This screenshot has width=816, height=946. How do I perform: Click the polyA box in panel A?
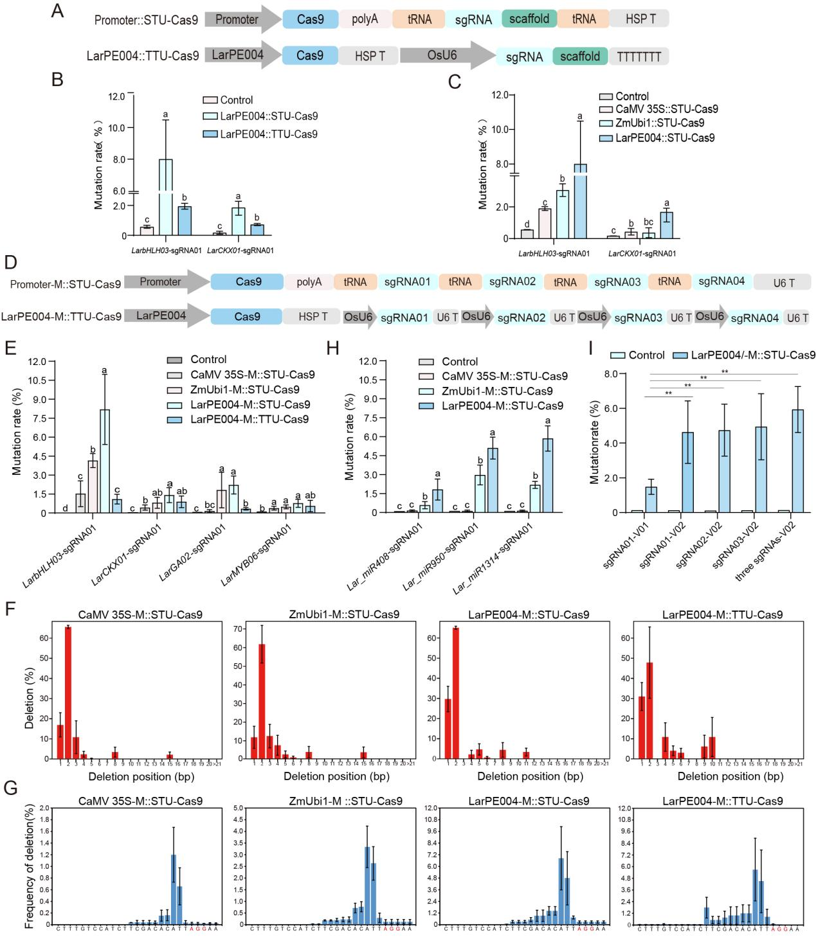pos(365,19)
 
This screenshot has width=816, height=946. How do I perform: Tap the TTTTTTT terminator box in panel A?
pos(639,57)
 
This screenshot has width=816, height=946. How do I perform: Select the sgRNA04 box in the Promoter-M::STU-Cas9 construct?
pos(721,281)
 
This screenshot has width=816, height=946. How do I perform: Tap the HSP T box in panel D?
pos(312,317)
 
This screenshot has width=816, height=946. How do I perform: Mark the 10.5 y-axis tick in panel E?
pos(37,380)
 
